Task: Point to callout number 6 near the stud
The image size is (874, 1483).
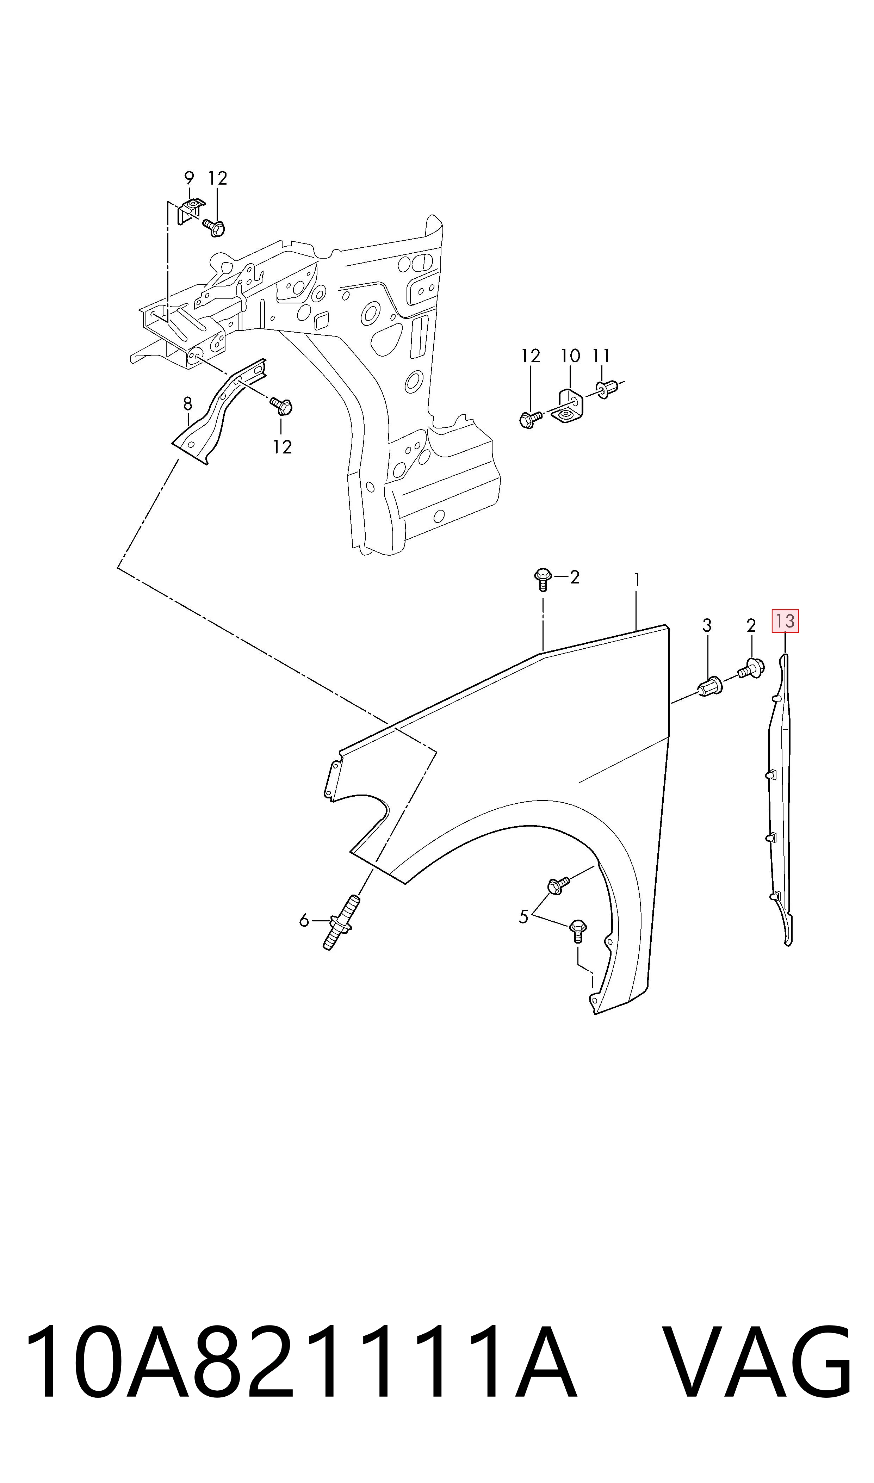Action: click(304, 920)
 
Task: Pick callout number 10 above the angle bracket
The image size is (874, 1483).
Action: click(570, 356)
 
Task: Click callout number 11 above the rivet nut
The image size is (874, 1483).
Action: click(601, 356)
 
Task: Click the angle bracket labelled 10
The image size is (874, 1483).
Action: click(568, 406)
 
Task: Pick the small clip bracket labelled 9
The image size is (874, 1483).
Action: click(190, 211)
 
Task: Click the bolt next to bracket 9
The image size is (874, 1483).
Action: click(215, 227)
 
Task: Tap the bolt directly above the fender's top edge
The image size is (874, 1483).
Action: click(543, 579)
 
